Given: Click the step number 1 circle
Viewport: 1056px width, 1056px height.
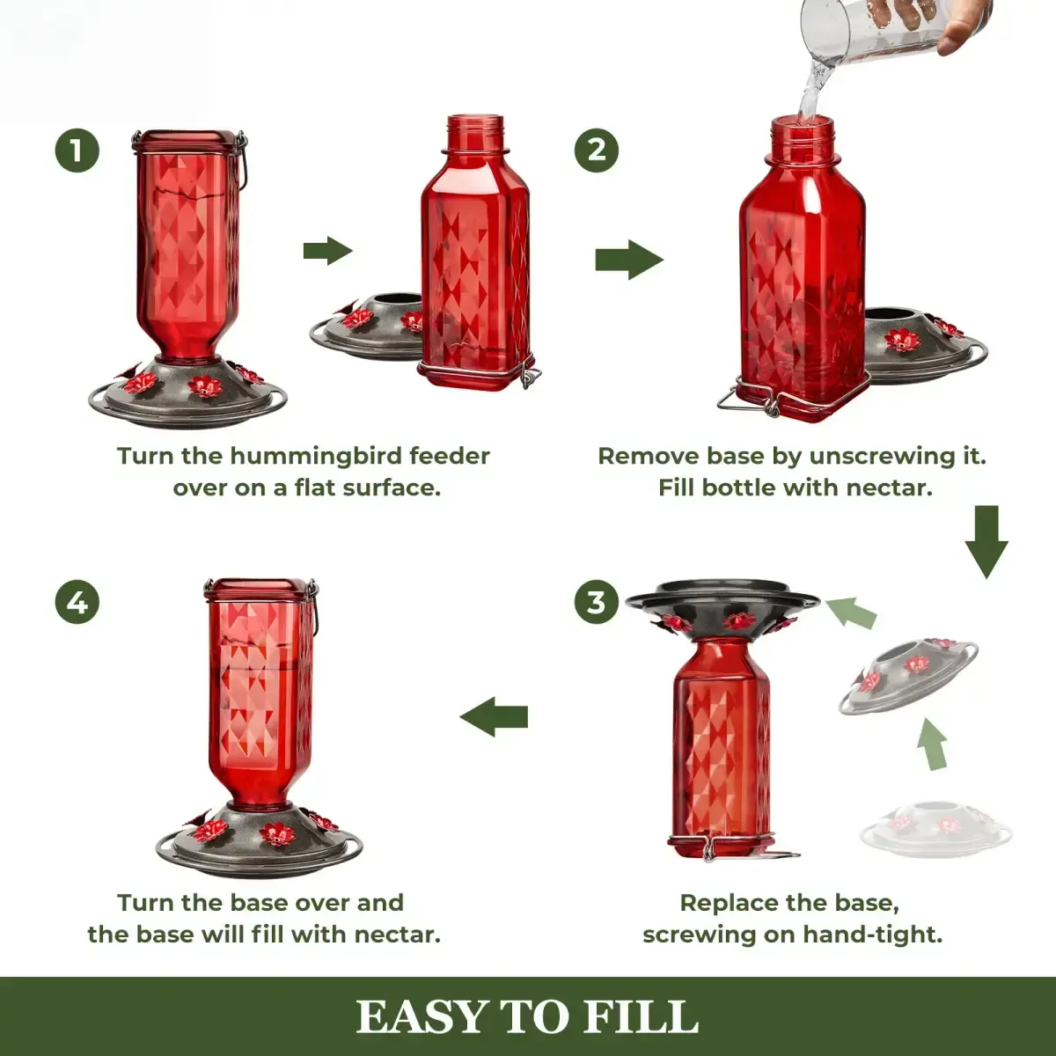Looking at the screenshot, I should (x=77, y=150).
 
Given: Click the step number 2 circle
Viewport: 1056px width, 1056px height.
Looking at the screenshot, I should (x=597, y=150).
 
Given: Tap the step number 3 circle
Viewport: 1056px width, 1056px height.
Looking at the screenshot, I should (x=597, y=603).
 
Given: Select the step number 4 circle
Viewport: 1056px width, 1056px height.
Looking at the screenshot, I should (x=77, y=603).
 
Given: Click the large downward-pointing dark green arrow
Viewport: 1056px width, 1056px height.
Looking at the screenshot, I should (x=986, y=541).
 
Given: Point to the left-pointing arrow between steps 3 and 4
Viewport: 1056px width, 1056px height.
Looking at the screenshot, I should (x=494, y=716).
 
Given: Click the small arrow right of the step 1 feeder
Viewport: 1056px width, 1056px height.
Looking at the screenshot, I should (x=327, y=251).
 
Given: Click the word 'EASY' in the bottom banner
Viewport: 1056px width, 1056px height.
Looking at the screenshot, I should (x=422, y=1017).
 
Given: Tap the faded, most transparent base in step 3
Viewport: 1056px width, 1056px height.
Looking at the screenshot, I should (x=936, y=827).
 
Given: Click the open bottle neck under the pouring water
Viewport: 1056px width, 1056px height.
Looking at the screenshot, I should (x=803, y=133).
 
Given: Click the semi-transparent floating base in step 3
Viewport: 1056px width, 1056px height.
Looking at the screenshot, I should (x=908, y=674).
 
